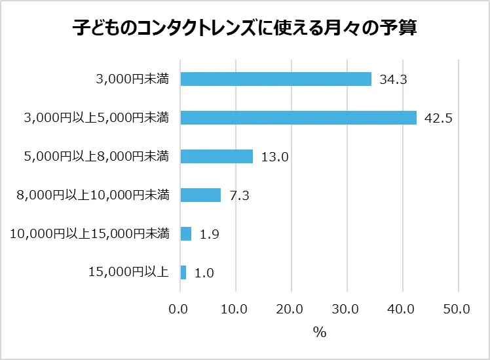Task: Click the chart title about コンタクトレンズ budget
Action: point(244,29)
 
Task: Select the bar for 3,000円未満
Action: point(276,79)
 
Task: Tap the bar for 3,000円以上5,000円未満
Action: point(299,118)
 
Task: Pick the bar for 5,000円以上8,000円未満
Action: point(216,156)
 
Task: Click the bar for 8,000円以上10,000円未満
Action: point(200,195)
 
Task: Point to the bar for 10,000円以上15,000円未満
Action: point(185,233)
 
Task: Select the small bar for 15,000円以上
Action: point(183,272)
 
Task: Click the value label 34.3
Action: point(394,80)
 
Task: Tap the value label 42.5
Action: point(439,119)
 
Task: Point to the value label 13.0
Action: point(274,157)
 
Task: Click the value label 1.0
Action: point(205,273)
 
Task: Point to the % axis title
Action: point(319,332)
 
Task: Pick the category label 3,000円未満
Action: point(132,79)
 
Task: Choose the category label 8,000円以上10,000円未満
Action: point(92,195)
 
